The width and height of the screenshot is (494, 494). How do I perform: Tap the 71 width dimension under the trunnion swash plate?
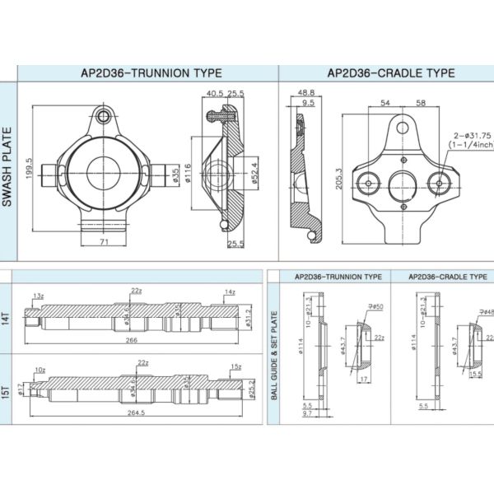[x=104, y=243]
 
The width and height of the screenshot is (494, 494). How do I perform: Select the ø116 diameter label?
[x=188, y=173]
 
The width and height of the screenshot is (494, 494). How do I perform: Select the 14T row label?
[x=7, y=312]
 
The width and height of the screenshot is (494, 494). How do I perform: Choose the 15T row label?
[x=7, y=389]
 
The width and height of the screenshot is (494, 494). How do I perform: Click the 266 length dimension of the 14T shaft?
[x=133, y=338]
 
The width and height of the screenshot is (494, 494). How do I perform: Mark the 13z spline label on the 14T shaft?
[x=39, y=295]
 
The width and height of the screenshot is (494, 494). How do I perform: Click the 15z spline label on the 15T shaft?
[x=235, y=366]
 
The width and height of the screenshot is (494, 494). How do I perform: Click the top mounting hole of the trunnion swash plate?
[x=103, y=115]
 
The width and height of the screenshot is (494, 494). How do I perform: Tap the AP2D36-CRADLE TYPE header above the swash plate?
[x=390, y=72]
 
